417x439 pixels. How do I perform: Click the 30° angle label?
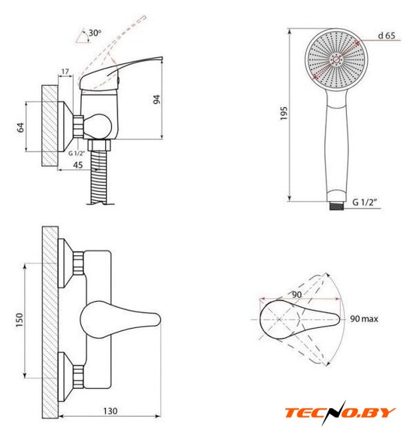95,33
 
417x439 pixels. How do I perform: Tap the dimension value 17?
65,71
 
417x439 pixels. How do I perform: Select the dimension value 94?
157,99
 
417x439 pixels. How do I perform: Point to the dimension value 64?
21,128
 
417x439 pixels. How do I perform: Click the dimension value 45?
78,165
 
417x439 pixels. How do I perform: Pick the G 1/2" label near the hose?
76,153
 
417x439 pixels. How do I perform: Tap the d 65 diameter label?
387,36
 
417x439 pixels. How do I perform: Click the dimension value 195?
284,113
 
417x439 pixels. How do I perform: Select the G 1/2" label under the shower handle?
364,202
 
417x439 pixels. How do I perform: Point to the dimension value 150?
19,320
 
